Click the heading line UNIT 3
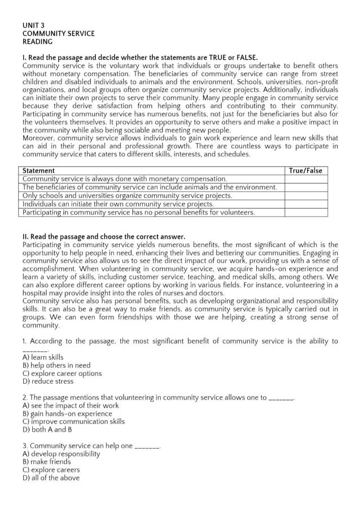point(33,25)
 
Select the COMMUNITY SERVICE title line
point(58,34)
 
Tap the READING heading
point(37,42)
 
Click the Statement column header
point(38,170)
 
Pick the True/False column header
point(305,170)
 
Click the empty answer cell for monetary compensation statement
point(305,179)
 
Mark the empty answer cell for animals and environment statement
point(305,187)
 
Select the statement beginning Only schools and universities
point(127,196)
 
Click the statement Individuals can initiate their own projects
point(118,204)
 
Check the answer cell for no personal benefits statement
point(305,213)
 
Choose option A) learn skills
point(43,357)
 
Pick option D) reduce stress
point(48,381)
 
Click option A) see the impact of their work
point(71,406)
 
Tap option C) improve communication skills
point(73,422)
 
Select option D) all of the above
point(51,478)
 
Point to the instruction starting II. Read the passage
point(104,236)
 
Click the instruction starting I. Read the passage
point(140,58)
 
